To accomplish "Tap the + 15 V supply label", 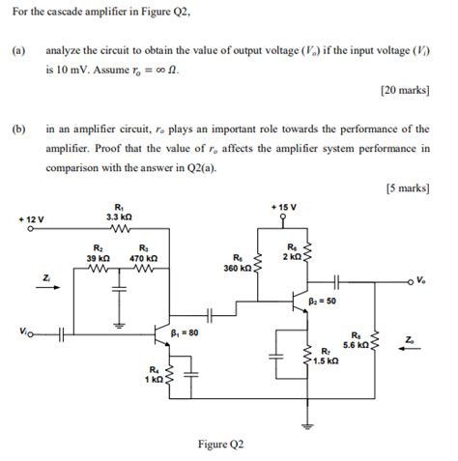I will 284,208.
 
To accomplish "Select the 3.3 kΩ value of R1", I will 119,216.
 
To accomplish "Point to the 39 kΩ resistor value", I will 97,258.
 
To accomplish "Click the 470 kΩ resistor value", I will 144,258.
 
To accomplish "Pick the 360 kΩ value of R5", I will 238,268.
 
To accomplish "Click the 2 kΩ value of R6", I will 291,256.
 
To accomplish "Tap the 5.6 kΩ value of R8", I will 355,344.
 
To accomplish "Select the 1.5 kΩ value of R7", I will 326,360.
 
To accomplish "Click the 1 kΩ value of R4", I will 153,378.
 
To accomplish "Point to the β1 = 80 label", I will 184,332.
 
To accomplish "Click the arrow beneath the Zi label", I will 47,286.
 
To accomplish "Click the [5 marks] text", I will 408,188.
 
